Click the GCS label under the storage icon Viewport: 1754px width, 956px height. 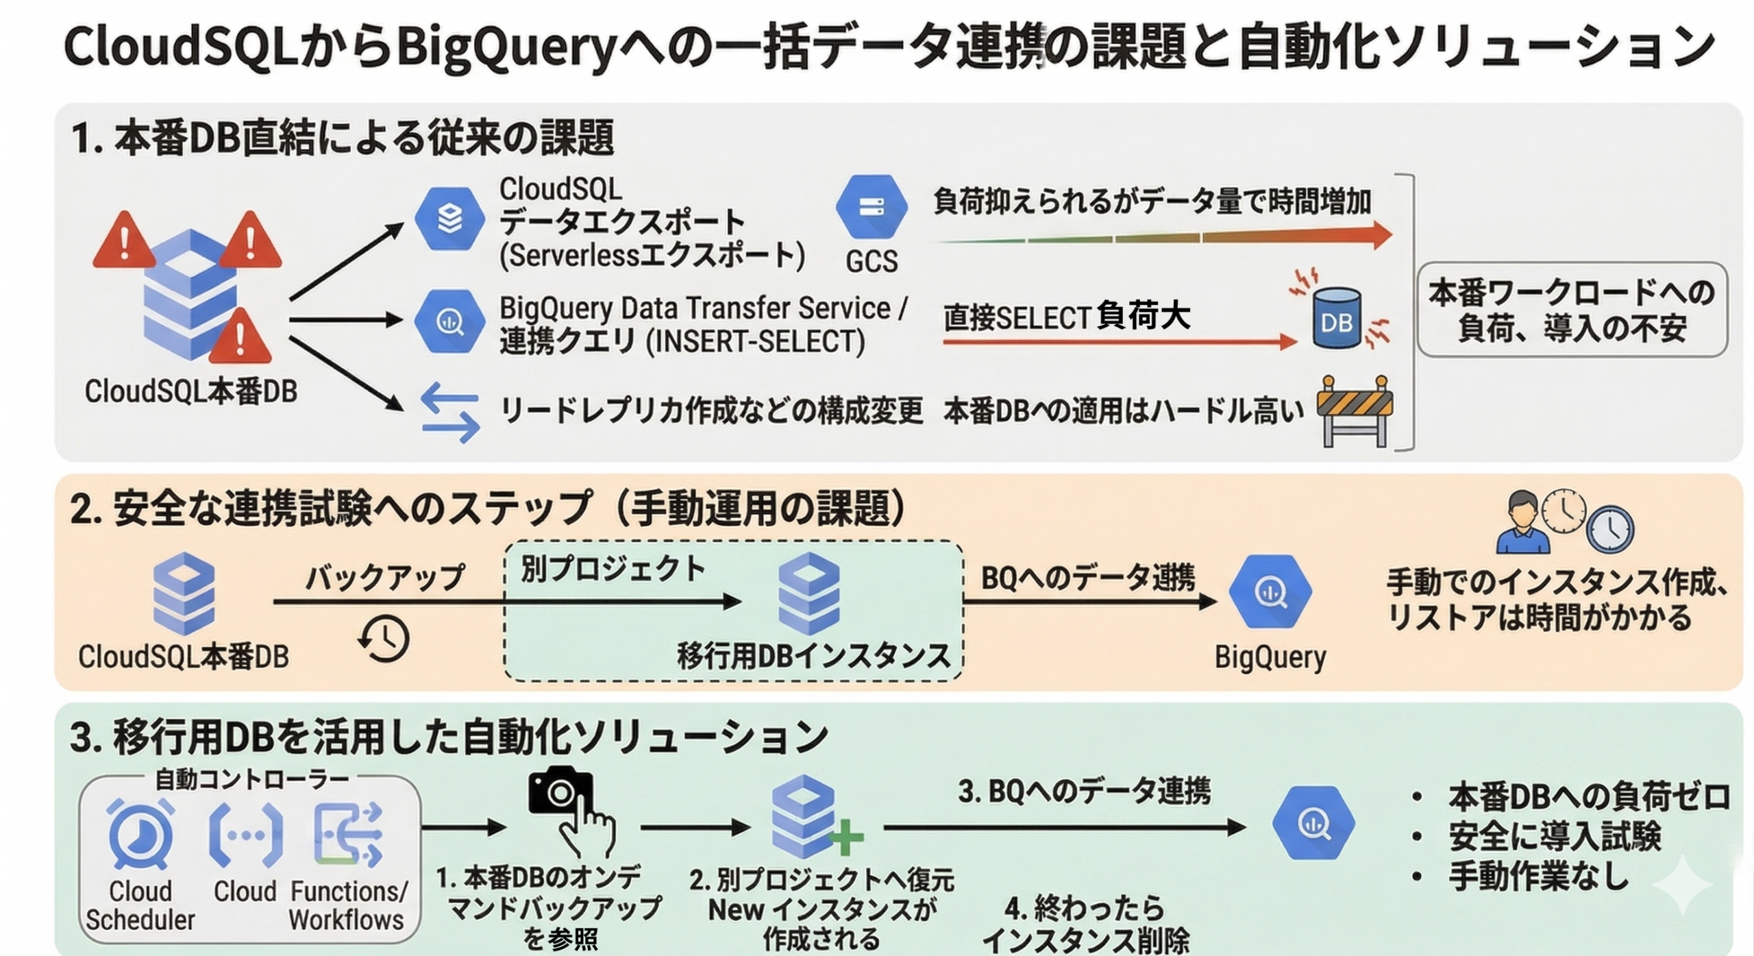[x=871, y=261]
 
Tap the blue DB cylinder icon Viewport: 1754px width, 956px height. [x=1336, y=320]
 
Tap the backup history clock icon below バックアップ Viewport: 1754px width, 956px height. [x=384, y=639]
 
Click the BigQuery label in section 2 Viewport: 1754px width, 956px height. [x=1270, y=657]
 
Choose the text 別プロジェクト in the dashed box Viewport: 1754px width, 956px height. [x=613, y=569]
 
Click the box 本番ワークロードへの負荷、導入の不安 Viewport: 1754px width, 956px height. [x=1572, y=310]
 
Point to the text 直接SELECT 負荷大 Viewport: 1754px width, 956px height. [x=1067, y=317]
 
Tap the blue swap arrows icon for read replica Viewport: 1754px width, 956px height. [x=450, y=413]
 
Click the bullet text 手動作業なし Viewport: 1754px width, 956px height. [x=1538, y=877]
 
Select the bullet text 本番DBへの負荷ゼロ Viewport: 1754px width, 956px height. [x=1589, y=797]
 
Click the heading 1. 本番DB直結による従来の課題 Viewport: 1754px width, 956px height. [x=343, y=138]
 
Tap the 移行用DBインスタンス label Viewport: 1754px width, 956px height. [x=813, y=656]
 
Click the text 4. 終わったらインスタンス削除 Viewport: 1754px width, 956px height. [x=1085, y=924]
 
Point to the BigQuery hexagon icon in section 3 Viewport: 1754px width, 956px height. [x=1313, y=823]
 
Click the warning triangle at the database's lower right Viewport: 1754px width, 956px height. [x=240, y=338]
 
